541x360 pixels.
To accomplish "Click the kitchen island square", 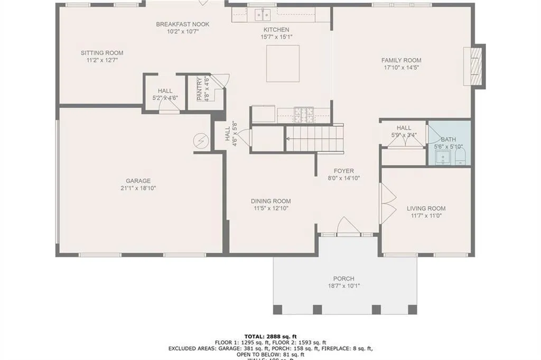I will (283, 63).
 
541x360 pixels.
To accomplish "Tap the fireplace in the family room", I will (473, 66).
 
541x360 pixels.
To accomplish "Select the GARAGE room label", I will (138, 181).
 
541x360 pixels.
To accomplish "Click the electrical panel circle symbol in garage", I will (201, 141).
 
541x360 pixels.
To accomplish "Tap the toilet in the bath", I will (460, 155).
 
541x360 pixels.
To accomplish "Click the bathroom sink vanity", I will (442, 157).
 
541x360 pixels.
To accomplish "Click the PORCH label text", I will (343, 279).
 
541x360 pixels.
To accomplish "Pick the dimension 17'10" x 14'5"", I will (401, 68).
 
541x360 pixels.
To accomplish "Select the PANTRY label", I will (199, 89).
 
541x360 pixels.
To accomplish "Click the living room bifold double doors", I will (389, 202).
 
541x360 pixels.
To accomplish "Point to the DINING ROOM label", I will (270, 201).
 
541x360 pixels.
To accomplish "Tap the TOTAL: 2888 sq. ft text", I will (270, 336).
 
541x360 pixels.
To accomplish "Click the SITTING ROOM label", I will (102, 53).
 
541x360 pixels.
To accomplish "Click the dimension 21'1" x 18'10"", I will (138, 188).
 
